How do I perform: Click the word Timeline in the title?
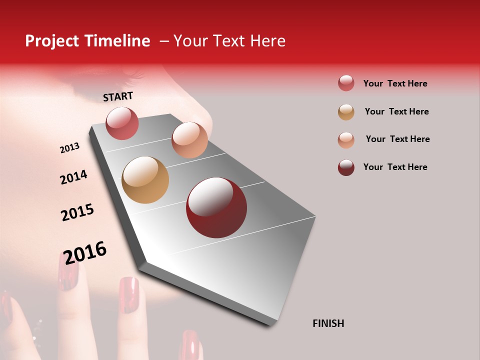117,41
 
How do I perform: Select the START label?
118,96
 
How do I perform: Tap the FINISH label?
328,323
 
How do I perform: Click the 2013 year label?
69,148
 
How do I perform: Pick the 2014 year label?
73,177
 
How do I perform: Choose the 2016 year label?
85,252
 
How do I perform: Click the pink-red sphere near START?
122,123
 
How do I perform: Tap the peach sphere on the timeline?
189,140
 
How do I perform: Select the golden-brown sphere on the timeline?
145,180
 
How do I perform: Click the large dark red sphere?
216,207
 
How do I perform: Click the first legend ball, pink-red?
346,83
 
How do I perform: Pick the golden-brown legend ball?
346,112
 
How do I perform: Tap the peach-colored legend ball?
346,140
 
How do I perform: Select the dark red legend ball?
346,167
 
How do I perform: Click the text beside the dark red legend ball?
395,167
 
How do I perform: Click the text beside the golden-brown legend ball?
396,111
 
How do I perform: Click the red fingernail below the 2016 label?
68,272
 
